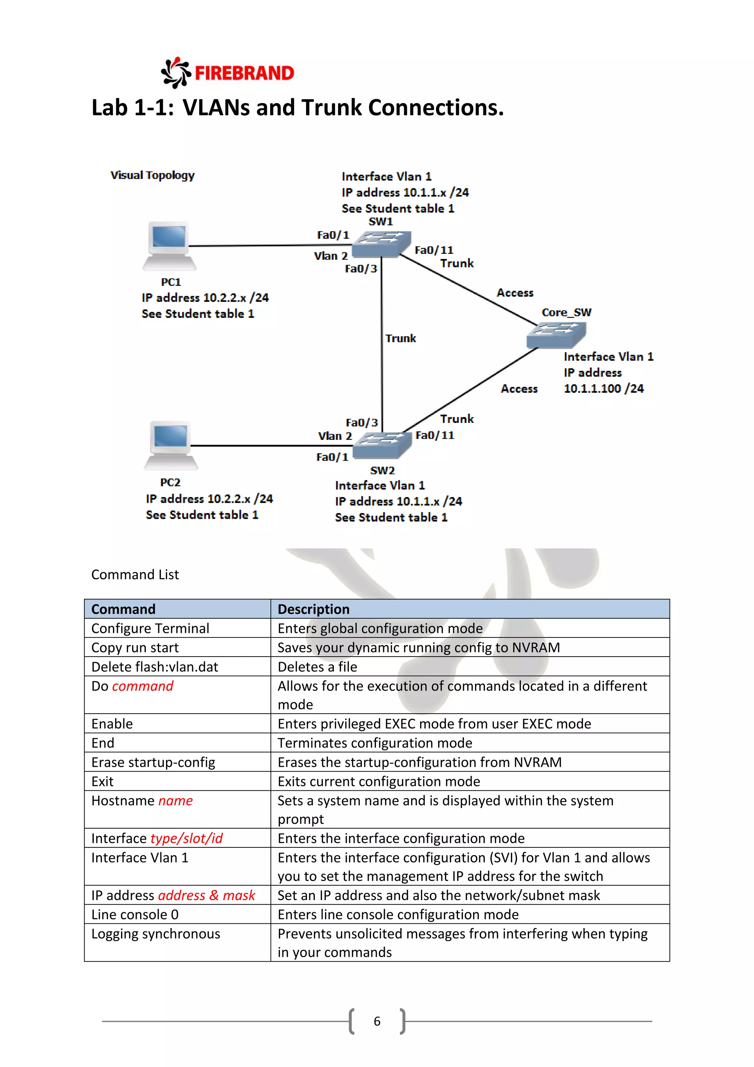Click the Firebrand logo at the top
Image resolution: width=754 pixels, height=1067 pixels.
tap(228, 73)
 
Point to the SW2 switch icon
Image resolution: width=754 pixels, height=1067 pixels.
tap(382, 445)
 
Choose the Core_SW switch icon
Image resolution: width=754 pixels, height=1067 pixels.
tap(556, 335)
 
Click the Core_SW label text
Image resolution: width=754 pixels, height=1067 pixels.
tap(567, 312)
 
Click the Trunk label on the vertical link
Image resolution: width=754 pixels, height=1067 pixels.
tap(400, 338)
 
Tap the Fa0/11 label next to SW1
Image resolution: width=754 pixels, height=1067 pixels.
tap(434, 250)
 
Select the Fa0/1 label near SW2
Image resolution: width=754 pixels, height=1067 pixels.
tap(332, 457)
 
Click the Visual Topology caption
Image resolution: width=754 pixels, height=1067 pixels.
tap(152, 175)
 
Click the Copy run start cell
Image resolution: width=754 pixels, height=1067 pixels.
tap(135, 647)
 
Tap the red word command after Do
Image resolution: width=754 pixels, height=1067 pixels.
tap(142, 686)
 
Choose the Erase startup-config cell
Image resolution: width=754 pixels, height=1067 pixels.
tap(153, 762)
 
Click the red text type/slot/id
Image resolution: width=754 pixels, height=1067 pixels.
tap(187, 838)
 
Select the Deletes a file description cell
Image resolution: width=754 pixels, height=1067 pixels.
tap(318, 667)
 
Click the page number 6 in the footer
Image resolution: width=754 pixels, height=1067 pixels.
tap(377, 1021)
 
